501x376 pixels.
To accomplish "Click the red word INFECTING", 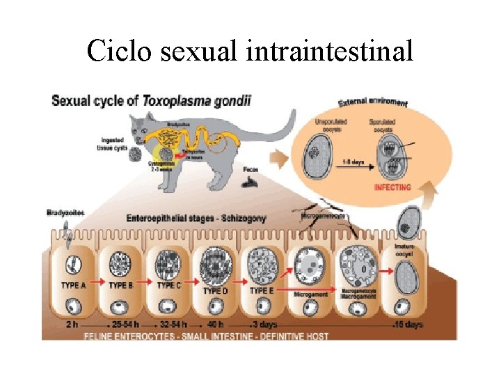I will click(392, 187).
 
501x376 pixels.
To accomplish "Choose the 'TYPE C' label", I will click(169, 285).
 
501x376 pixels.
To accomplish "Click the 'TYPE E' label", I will click(262, 290).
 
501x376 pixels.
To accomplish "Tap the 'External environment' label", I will click(374, 102).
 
